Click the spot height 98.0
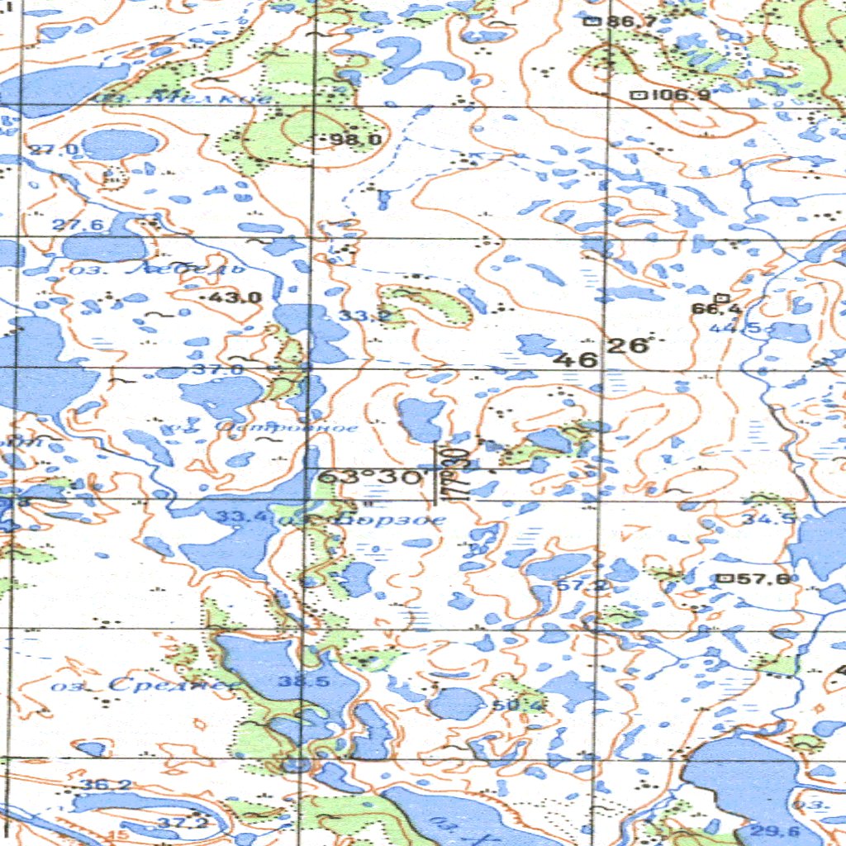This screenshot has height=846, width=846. pyautogui.click(x=355, y=140)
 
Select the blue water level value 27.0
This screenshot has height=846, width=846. pyautogui.click(x=55, y=150)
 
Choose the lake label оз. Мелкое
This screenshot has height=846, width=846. pyautogui.click(x=182, y=98)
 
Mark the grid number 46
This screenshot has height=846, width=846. pyautogui.click(x=576, y=359)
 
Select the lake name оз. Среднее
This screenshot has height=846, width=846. pyautogui.click(x=145, y=685)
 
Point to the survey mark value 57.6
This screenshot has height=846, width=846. pyautogui.click(x=761, y=578)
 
